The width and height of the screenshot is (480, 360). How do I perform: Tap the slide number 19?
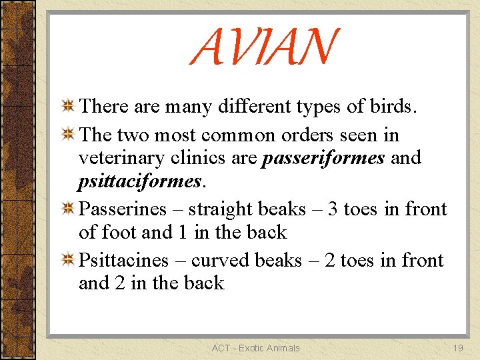[457, 347]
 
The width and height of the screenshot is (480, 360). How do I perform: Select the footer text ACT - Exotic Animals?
[255, 347]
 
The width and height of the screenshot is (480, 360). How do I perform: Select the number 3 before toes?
[331, 209]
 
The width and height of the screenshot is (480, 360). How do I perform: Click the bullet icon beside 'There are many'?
[67, 107]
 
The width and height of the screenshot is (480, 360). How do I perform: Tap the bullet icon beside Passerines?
[67, 209]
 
